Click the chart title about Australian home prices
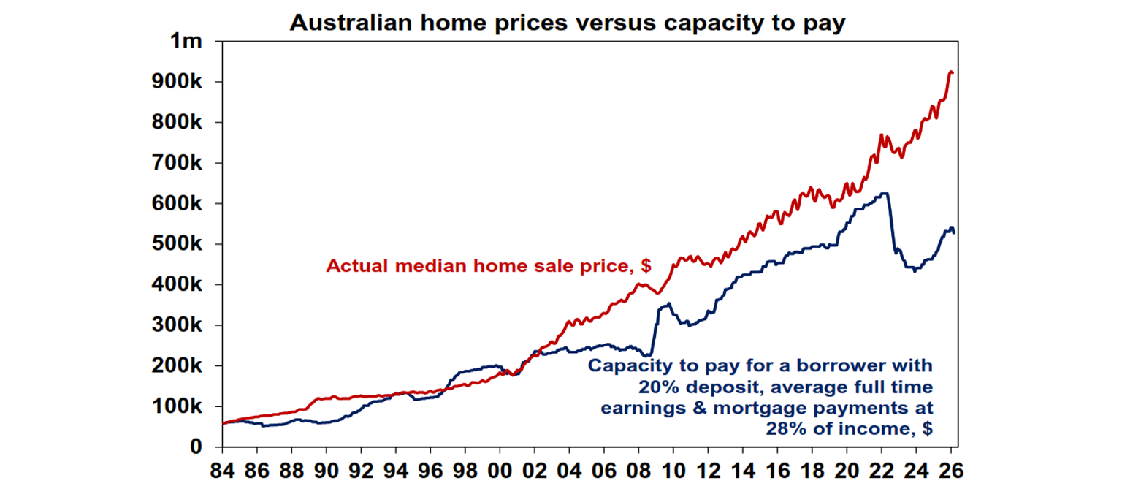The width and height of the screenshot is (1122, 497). click(567, 23)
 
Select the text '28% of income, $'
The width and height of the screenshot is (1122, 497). click(849, 429)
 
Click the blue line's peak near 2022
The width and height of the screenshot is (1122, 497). click(885, 194)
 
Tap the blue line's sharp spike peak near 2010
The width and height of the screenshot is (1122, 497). click(668, 303)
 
